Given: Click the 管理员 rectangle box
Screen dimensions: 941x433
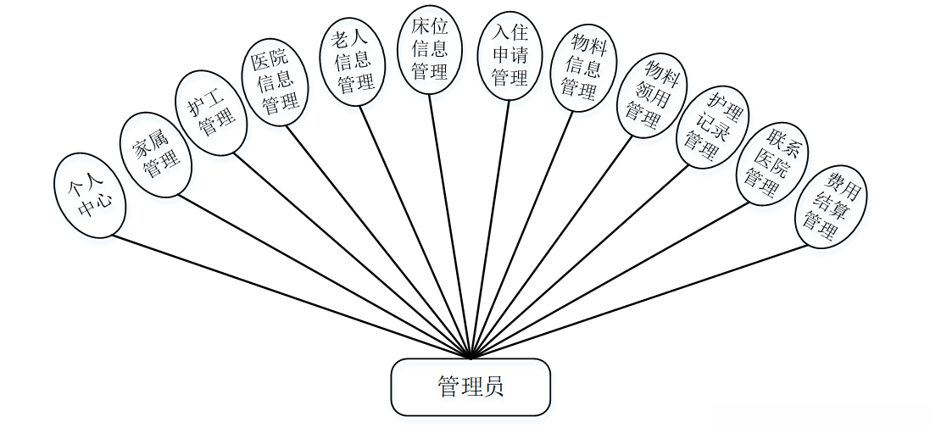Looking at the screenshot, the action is click(470, 387).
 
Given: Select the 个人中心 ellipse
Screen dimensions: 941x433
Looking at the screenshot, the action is click(90, 196).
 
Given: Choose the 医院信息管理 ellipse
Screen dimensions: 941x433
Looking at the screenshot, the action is click(276, 82).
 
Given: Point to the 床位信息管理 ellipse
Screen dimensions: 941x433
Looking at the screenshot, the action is click(429, 50).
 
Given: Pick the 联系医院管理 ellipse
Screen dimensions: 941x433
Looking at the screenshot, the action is click(770, 164).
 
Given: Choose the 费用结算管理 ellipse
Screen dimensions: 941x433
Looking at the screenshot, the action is click(830, 206).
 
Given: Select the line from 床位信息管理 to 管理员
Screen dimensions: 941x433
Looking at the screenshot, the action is click(449, 226).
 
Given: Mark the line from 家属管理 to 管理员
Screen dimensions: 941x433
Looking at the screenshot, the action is click(322, 276).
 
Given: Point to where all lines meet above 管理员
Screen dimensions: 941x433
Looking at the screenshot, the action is click(470, 357).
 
